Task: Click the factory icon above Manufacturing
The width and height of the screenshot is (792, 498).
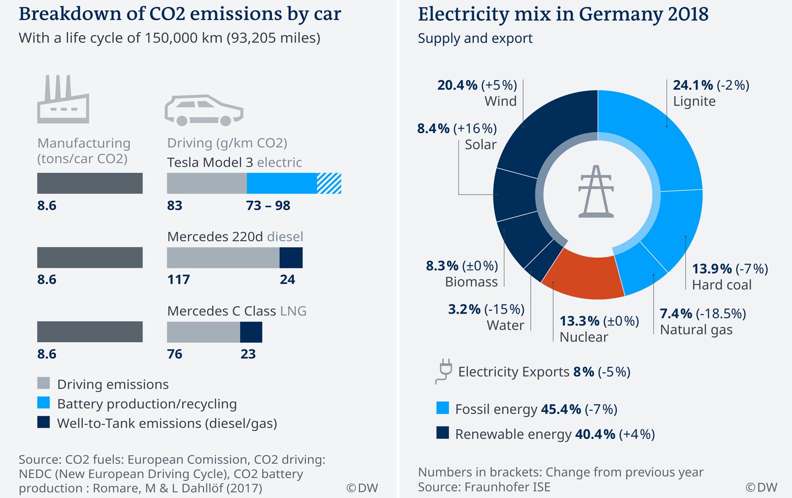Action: [63, 100]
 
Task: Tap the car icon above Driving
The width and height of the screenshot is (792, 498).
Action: [203, 110]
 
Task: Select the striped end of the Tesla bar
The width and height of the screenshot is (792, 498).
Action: [329, 183]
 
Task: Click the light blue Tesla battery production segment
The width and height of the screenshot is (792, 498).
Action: [282, 183]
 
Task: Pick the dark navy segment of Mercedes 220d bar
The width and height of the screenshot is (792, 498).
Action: [291, 258]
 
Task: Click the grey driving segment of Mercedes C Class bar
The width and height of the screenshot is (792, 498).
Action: [203, 332]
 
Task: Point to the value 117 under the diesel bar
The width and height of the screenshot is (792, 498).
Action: [179, 279]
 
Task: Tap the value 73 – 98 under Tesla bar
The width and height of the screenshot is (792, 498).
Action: [268, 205]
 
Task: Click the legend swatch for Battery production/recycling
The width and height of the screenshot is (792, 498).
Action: [44, 403]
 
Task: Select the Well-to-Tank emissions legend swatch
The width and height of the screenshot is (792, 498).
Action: [44, 422]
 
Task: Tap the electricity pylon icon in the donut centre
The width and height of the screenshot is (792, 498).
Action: [596, 192]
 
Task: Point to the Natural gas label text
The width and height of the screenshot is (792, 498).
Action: [696, 330]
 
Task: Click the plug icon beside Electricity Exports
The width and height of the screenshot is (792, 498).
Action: [444, 371]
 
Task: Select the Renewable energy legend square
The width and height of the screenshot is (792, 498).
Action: [443, 433]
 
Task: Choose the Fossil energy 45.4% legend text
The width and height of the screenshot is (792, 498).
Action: [536, 409]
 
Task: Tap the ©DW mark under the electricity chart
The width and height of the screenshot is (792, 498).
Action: [761, 487]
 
